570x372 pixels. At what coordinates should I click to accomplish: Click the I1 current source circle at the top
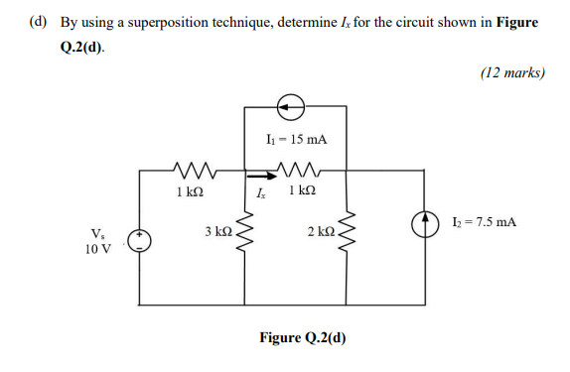point(294,102)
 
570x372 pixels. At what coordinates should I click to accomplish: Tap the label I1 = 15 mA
point(294,141)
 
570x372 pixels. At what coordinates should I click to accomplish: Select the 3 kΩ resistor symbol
point(245,234)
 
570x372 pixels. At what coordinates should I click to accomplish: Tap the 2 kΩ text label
point(319,231)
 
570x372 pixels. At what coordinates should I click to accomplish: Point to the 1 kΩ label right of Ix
point(301,189)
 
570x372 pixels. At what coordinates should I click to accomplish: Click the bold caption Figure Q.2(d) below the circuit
point(303,337)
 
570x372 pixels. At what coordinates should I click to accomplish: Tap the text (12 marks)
point(512,71)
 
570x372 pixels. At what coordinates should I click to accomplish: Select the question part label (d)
point(37,23)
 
